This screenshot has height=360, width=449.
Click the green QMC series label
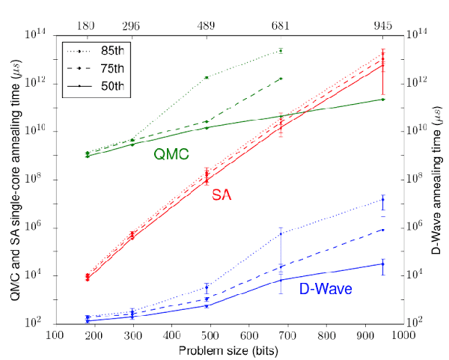(x=171, y=154)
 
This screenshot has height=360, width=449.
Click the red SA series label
(x=221, y=195)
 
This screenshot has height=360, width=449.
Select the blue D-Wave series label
(x=327, y=287)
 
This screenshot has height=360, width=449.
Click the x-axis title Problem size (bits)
(x=229, y=351)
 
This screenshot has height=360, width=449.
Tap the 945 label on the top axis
(x=382, y=25)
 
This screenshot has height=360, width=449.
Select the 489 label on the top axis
(x=207, y=25)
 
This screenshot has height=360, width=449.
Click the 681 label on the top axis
(x=281, y=25)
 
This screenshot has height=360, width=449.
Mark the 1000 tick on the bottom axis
(x=403, y=337)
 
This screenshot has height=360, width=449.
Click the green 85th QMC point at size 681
(x=281, y=50)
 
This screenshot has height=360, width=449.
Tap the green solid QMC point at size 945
(x=383, y=99)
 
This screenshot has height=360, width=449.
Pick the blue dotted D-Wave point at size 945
(x=383, y=199)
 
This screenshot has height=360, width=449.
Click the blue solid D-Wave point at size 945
(x=383, y=263)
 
